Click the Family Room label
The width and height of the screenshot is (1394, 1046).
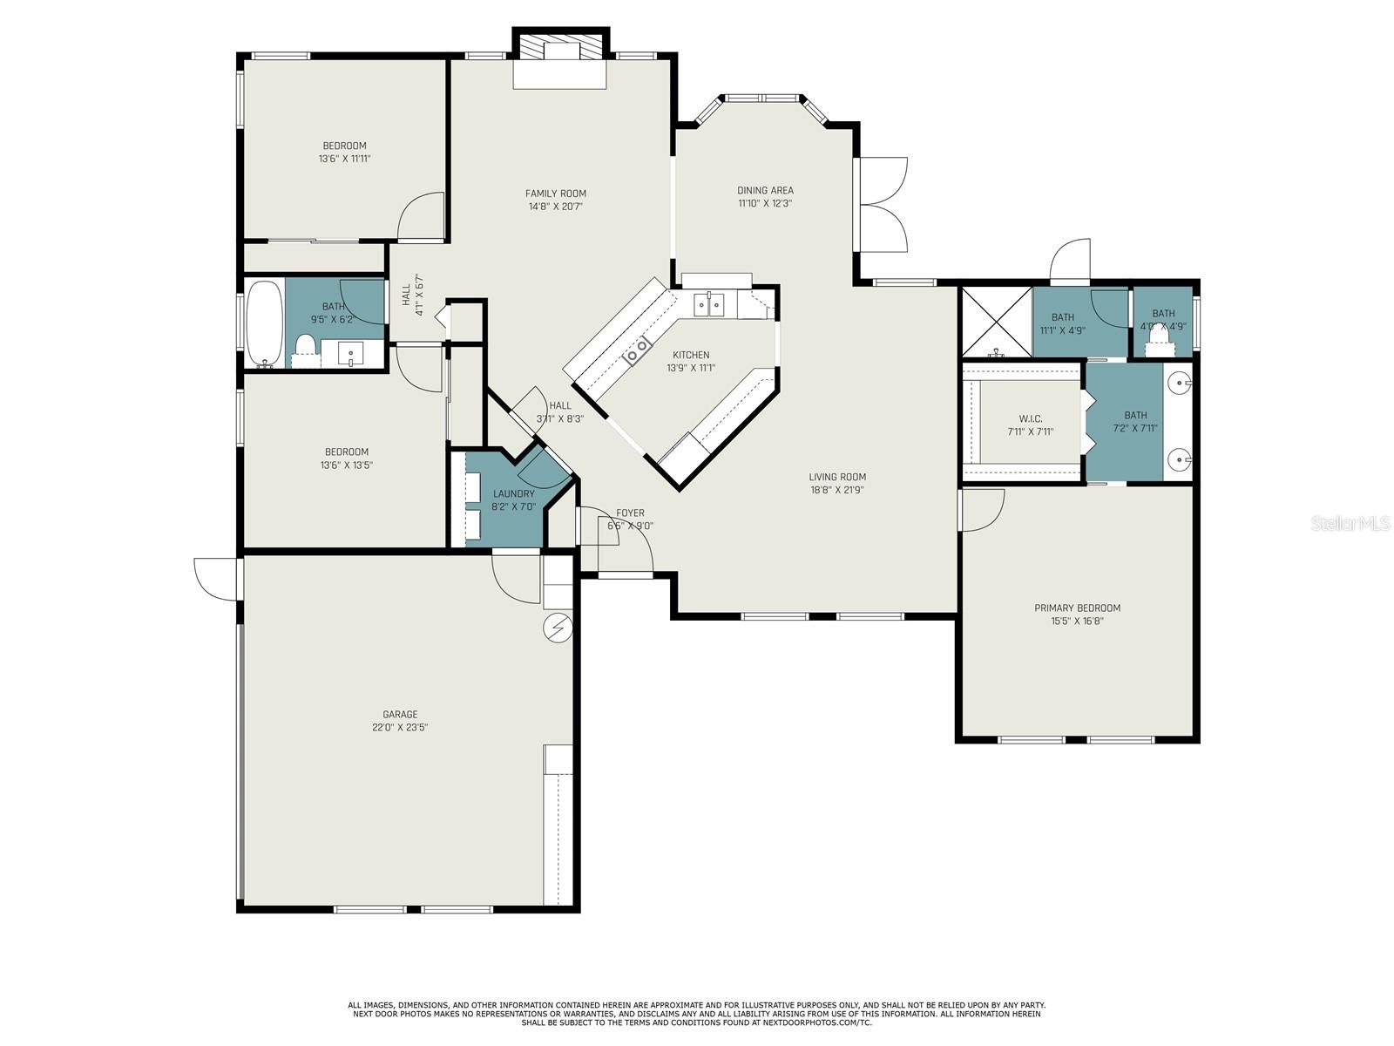(555, 194)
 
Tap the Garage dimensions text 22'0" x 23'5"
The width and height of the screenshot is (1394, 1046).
(400, 727)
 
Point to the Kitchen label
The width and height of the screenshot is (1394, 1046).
(690, 355)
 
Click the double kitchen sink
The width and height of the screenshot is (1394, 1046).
(708, 304)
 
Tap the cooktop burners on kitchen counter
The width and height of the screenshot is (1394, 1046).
(638, 350)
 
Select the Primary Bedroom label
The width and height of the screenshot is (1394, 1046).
(1077, 608)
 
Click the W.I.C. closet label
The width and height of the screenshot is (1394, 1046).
(1031, 418)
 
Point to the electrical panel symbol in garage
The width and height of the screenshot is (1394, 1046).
(557, 627)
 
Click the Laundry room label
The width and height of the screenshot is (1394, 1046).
(513, 493)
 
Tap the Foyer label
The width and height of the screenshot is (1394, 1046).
(630, 513)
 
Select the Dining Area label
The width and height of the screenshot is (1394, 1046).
(765, 190)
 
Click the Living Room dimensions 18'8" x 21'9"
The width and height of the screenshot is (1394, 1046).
(836, 490)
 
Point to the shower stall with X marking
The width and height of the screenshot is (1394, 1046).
(996, 322)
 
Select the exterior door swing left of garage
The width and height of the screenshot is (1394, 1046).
(213, 579)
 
